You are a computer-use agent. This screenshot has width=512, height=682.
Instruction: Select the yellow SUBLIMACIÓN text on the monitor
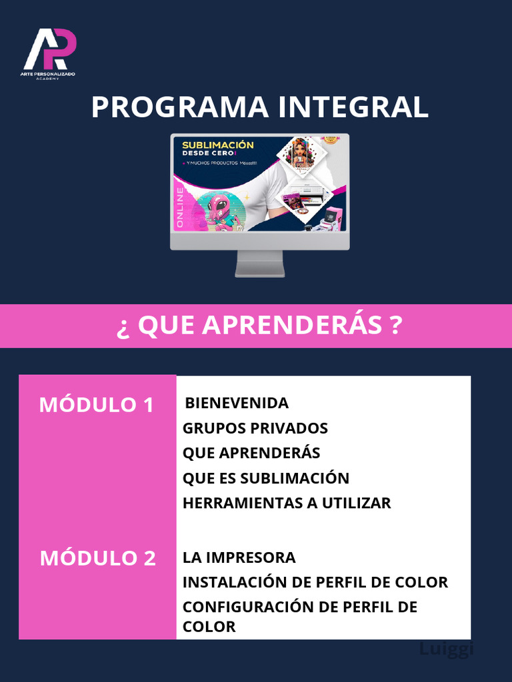click(x=218, y=145)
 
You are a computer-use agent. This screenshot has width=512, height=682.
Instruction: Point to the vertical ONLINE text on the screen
click(x=179, y=208)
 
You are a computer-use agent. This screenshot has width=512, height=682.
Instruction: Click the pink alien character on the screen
click(x=219, y=212)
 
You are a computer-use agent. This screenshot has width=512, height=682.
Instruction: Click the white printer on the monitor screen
click(x=311, y=193)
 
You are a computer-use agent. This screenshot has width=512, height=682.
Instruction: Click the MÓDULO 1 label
click(x=97, y=404)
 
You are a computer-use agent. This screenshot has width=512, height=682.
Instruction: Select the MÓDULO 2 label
click(x=97, y=558)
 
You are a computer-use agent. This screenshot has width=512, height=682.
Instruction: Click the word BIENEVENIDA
click(x=237, y=403)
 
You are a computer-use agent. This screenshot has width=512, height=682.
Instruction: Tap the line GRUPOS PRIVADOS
click(x=255, y=428)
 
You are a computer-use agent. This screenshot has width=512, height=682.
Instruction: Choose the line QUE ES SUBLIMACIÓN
click(x=266, y=478)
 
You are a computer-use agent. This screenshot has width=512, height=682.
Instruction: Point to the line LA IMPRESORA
click(x=239, y=557)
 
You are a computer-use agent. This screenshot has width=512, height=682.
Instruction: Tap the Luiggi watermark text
click(x=446, y=649)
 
